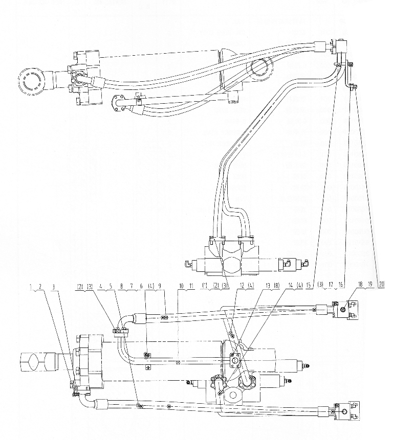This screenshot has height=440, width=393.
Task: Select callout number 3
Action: [53, 287]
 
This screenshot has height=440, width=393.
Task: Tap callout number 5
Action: [111, 287]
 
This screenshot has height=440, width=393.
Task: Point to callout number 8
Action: [121, 287]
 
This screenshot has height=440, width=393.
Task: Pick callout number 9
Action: [160, 287]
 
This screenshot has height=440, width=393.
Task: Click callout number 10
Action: [181, 287]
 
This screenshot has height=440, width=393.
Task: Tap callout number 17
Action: [331, 285]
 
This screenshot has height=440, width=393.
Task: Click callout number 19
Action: [370, 284]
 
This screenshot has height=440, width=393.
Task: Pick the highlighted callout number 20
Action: [381, 284]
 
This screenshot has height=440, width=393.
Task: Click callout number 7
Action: [131, 287]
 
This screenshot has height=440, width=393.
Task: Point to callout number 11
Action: [191, 287]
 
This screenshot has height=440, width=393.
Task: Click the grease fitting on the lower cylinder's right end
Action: [308, 365]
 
